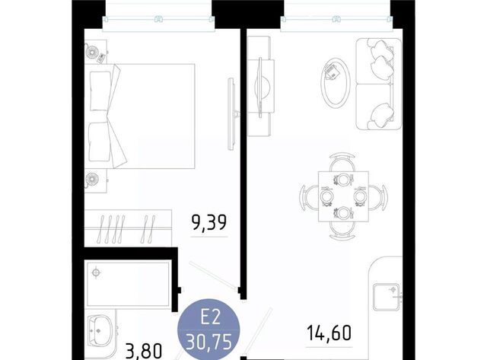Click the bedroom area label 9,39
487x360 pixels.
point(209,222)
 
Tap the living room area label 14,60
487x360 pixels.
point(329,333)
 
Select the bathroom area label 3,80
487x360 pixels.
point(144,351)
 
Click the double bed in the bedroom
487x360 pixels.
point(140,116)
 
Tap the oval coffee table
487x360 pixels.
point(336,82)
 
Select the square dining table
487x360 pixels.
point(343,196)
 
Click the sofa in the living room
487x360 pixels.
point(379,84)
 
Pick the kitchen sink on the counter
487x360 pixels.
point(387,297)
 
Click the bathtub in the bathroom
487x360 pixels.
point(128,284)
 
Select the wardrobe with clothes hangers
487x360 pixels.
point(128,228)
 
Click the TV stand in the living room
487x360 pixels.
point(259,86)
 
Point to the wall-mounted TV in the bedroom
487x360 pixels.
point(231,114)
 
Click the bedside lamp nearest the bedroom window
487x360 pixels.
point(92,52)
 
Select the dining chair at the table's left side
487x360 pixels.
point(310,196)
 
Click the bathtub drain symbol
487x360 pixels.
point(97,272)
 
